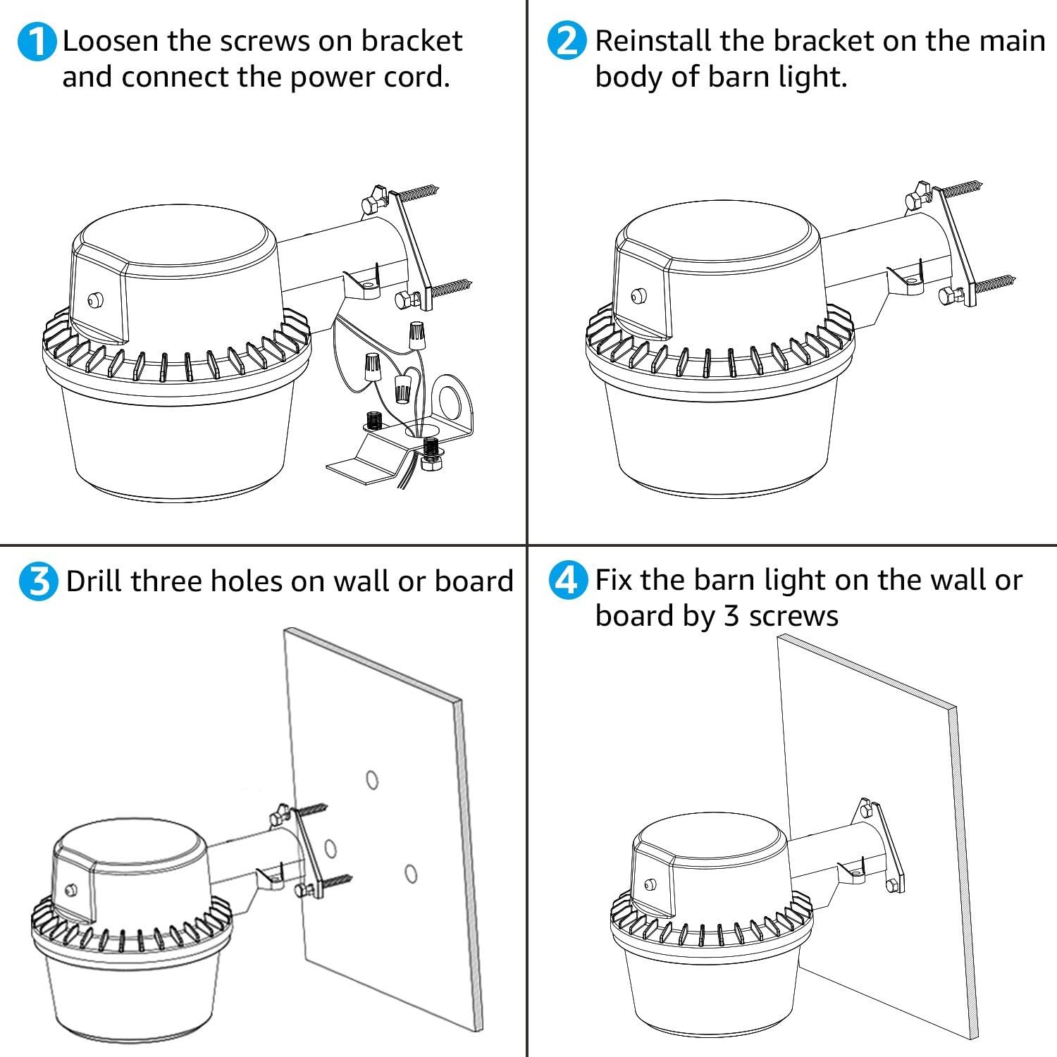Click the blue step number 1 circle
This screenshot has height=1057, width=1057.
[x=36, y=42]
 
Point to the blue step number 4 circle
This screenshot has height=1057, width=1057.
[x=567, y=581]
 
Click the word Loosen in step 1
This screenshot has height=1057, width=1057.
[x=111, y=41]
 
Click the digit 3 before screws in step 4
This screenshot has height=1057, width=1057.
[x=731, y=617]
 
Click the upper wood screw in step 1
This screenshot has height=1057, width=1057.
[x=420, y=192]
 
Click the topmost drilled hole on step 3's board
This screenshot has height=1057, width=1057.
[x=372, y=780]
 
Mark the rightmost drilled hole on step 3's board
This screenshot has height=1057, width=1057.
[x=410, y=874]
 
